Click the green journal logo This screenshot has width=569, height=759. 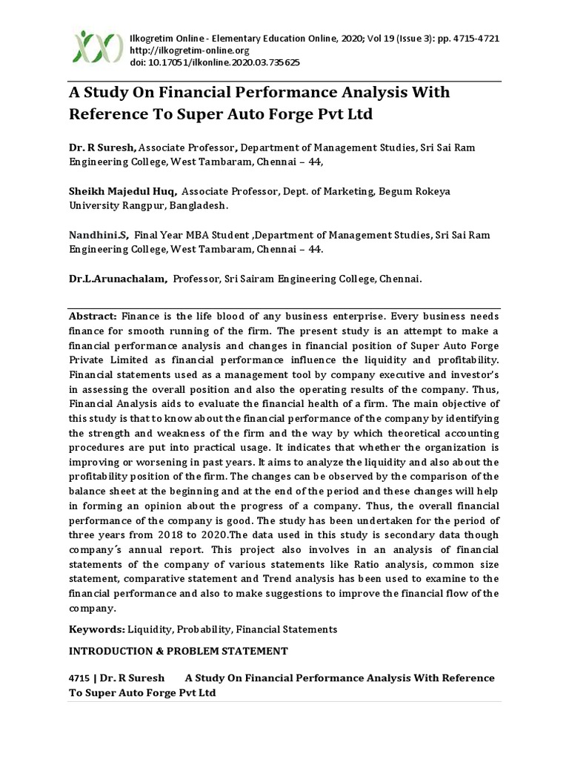pos(98,47)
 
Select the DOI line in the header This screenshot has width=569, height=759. pos(215,63)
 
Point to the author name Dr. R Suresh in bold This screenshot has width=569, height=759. pos(103,148)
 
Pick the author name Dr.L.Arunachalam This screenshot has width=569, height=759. pos(119,279)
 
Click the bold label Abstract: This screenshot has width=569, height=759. pos(93,316)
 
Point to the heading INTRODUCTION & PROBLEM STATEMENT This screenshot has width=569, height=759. pos(179,651)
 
